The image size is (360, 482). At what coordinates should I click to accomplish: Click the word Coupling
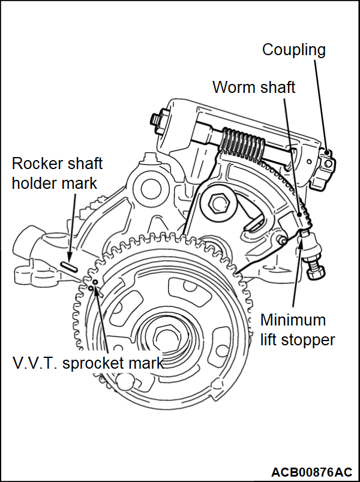point(293,50)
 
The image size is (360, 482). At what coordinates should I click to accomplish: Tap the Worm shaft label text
point(254,87)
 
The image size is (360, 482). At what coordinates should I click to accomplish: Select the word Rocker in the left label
point(35,163)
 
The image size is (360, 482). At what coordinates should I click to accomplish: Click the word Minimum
point(293,320)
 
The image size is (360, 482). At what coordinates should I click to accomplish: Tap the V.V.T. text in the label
point(35,363)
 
